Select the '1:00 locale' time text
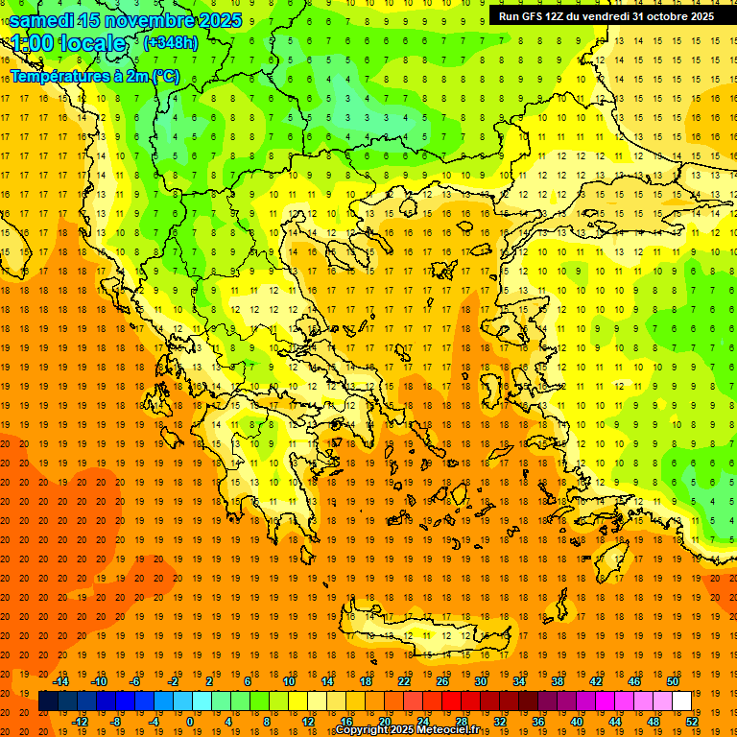[69, 43]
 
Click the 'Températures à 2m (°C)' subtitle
[94, 76]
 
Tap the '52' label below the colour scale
[692, 722]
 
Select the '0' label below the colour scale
[189, 722]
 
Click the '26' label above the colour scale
[442, 681]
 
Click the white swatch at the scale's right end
[681, 701]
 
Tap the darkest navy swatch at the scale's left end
[48, 701]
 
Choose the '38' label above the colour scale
[558, 681]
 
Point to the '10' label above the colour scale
[289, 681]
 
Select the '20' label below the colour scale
[385, 722]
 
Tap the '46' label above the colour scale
[634, 681]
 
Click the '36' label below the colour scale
[538, 722]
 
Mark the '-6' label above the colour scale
[136, 681]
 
